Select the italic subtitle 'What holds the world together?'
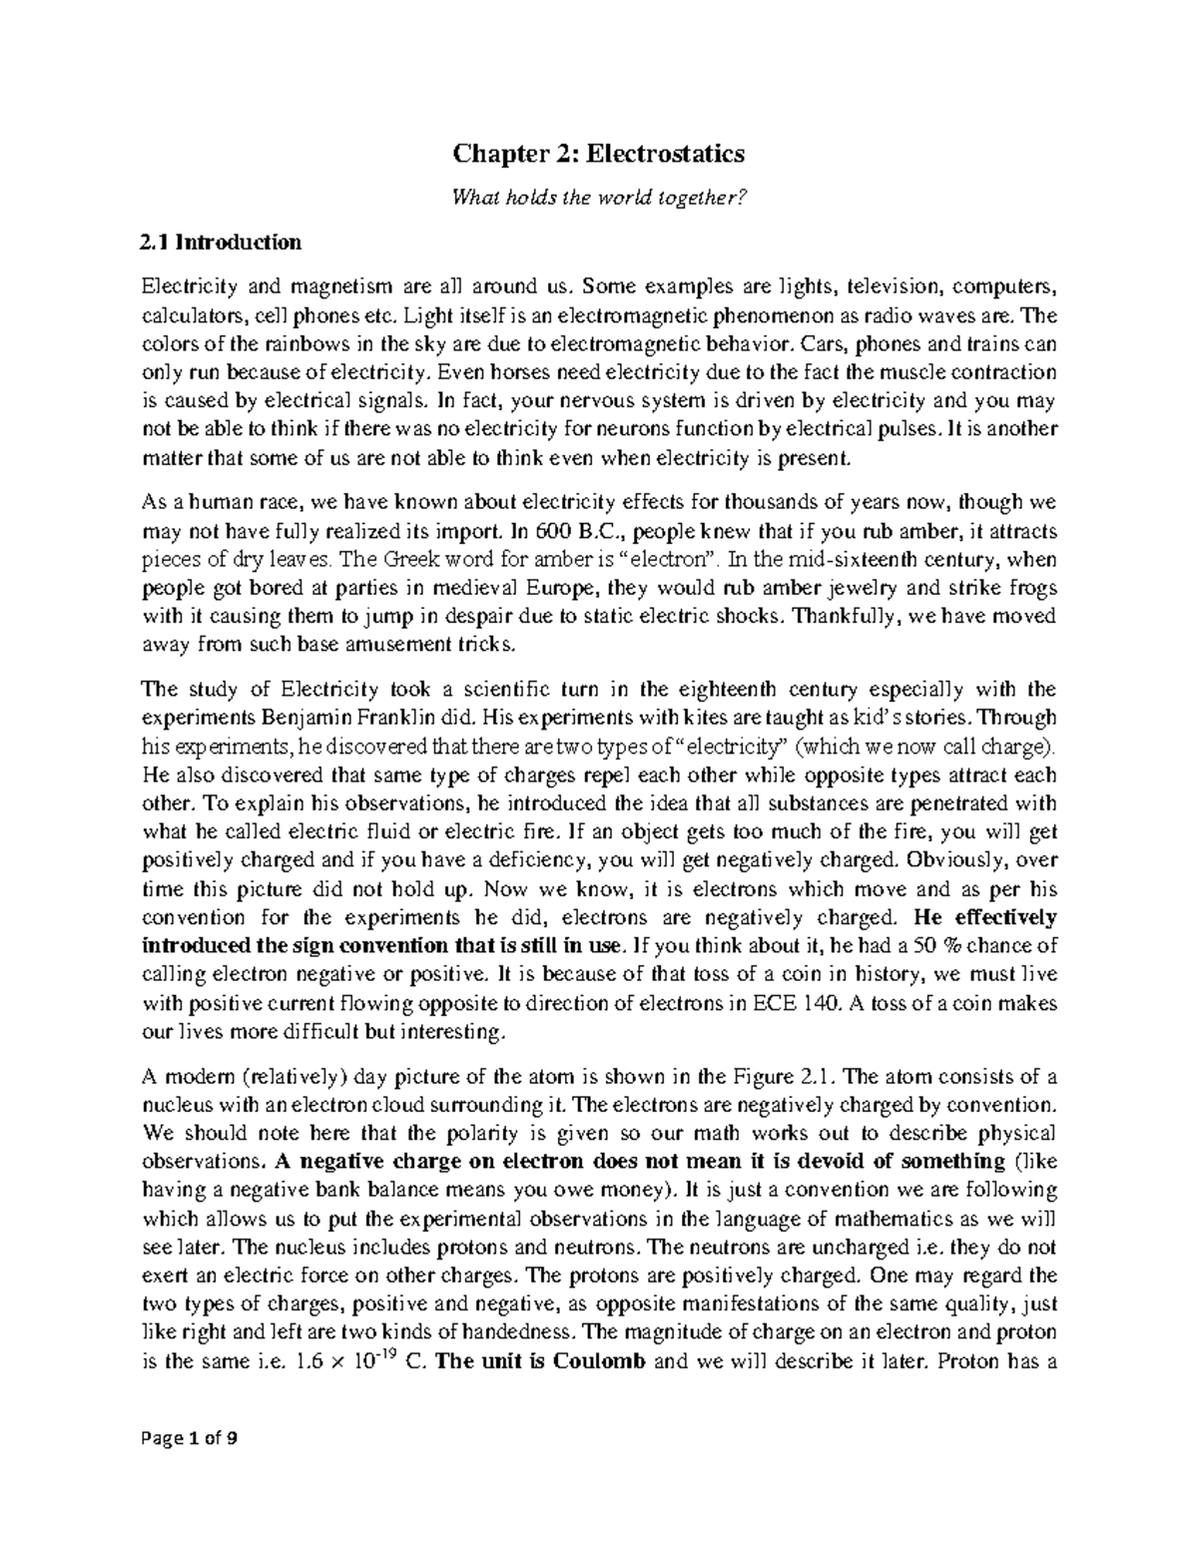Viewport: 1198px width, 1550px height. [x=599, y=199]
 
